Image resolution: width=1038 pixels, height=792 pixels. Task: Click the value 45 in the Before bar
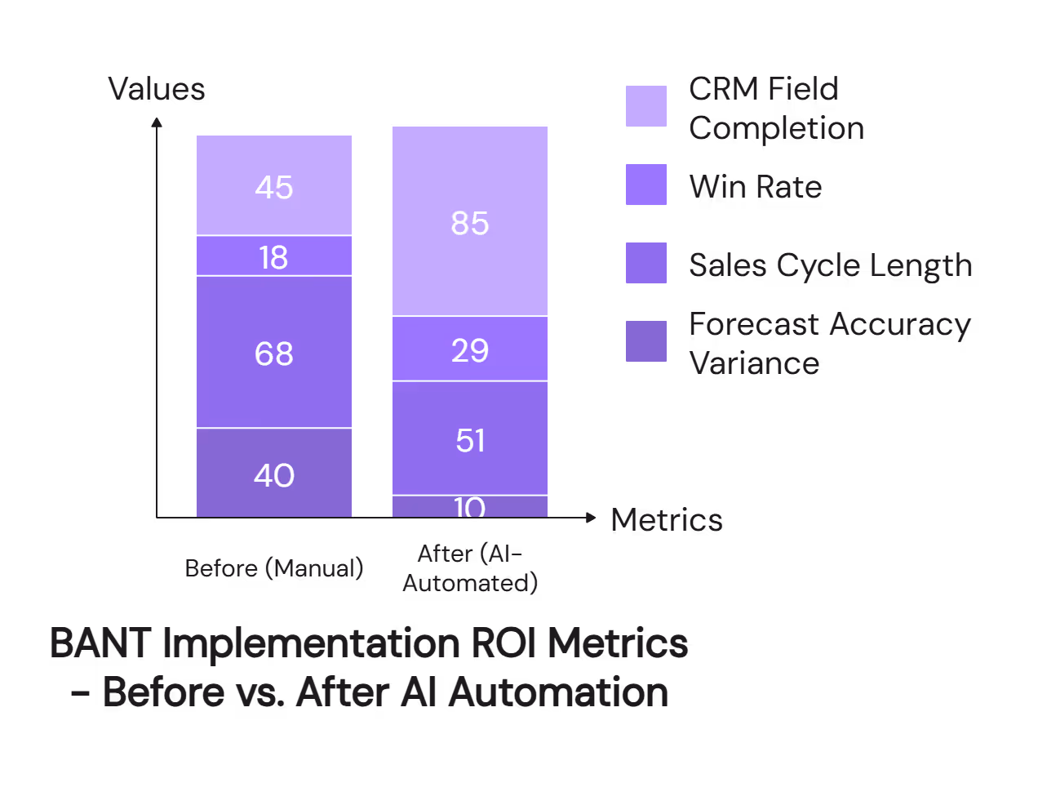[x=274, y=187]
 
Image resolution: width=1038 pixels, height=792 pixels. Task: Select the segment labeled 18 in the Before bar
[x=274, y=257]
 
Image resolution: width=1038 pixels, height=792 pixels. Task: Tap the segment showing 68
[x=274, y=354]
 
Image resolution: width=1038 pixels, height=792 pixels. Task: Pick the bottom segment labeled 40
[x=274, y=474]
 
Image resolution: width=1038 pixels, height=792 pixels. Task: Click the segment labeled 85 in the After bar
[x=470, y=223]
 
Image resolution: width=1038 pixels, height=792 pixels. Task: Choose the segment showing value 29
[x=470, y=350]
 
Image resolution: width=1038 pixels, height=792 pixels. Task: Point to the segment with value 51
[x=470, y=440]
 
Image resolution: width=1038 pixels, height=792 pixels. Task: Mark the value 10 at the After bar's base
[x=470, y=508]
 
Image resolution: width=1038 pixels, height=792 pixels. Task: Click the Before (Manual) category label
[x=274, y=567]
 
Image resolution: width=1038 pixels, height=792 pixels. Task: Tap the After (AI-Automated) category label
[x=470, y=568]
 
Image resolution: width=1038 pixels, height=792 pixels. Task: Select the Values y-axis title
[x=157, y=89]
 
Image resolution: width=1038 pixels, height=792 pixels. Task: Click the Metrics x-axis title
[x=667, y=520]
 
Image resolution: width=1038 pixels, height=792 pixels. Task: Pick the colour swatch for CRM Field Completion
[x=646, y=106]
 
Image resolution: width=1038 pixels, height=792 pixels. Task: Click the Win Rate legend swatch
[x=646, y=185]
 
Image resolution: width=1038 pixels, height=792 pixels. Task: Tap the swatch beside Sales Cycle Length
[x=646, y=263]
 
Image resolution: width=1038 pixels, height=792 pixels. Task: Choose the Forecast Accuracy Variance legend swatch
[x=646, y=341]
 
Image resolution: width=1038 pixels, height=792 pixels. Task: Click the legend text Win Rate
[x=756, y=187]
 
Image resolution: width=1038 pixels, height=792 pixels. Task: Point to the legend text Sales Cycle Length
[x=830, y=265]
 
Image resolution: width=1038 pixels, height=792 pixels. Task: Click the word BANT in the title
[x=100, y=643]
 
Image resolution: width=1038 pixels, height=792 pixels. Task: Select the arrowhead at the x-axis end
[x=591, y=518]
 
